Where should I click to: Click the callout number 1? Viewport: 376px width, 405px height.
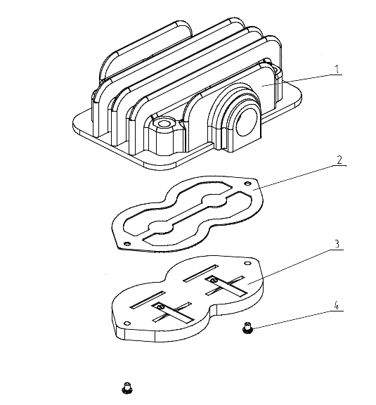337,69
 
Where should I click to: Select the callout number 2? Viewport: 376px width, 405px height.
339,160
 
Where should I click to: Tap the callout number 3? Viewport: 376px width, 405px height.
337,244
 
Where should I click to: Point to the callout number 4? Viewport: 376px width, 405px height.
336,306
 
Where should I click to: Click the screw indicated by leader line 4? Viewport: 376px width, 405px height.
247,327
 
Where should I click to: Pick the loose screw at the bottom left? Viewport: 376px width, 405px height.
127,388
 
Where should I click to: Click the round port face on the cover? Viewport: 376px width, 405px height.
247,122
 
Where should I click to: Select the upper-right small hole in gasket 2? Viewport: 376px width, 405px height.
248,184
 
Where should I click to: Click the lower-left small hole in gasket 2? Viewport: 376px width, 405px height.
127,243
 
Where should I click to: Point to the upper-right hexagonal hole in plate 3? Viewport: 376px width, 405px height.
248,263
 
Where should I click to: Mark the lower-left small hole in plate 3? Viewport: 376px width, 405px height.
127,323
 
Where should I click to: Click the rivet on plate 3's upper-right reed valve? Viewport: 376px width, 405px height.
213,280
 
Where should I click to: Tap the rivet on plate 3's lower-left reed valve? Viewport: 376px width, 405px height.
160,307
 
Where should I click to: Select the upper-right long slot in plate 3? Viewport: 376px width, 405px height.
201,274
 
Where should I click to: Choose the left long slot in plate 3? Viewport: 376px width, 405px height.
148,300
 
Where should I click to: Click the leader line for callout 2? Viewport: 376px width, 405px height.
299,177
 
